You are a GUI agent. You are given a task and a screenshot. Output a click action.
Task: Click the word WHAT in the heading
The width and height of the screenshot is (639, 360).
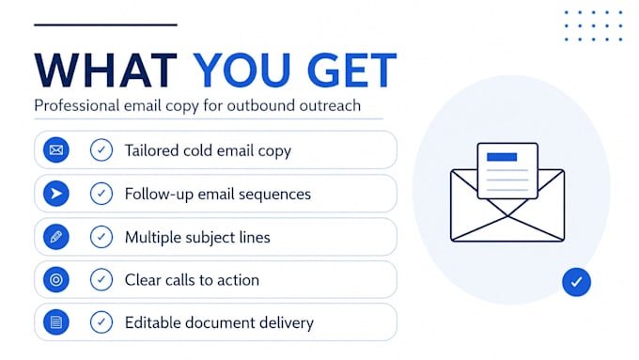coord(106,70)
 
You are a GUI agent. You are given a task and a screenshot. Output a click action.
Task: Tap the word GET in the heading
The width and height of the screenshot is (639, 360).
coord(351,70)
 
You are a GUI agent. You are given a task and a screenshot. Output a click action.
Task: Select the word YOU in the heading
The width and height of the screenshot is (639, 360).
coord(242,70)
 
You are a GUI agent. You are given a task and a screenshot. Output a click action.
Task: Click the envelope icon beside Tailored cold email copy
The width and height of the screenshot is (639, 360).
coord(56,150)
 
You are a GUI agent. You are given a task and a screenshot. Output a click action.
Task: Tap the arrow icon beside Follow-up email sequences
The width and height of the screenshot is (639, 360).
coord(56,194)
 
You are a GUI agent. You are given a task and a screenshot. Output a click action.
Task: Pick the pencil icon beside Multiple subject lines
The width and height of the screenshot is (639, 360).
coord(56,237)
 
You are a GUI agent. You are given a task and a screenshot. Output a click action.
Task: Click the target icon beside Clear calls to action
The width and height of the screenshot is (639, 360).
coord(56,280)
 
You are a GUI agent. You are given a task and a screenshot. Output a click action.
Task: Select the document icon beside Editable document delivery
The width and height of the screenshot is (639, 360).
coord(56,322)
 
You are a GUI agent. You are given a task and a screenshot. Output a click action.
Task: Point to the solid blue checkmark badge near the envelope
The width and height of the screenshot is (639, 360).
coord(576,282)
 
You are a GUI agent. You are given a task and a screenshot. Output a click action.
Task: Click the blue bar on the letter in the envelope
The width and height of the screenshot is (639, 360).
coord(502,157)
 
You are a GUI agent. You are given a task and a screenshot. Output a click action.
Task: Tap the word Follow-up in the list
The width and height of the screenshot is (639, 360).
coord(159,195)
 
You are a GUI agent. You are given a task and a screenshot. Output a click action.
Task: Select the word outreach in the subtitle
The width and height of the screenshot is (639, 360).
coord(330,105)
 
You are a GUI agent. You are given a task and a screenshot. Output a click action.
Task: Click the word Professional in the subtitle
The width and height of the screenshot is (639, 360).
coord(77,105)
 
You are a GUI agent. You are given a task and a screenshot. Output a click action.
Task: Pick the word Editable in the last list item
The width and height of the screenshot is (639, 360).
coord(153,322)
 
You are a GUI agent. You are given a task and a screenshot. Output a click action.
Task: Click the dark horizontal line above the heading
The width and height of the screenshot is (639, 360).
coord(105,24)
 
